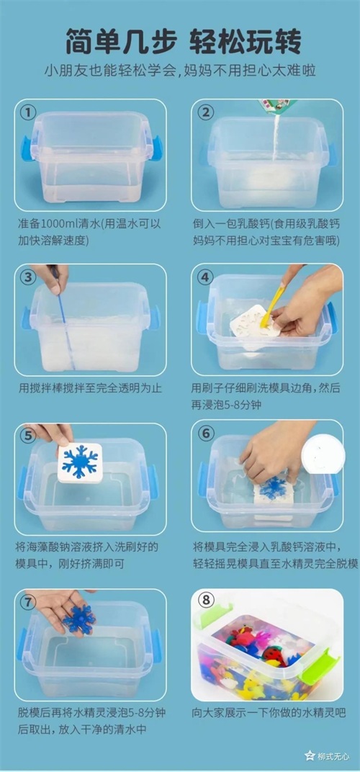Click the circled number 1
coord(28,112)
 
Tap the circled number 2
coord(205,112)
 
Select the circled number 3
coord(28,277)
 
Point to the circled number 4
coord(205,277)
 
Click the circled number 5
coord(28,435)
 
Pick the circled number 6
coord(205,434)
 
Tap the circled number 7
coord(28,601)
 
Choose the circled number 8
coord(205,601)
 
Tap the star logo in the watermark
coord(310,755)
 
